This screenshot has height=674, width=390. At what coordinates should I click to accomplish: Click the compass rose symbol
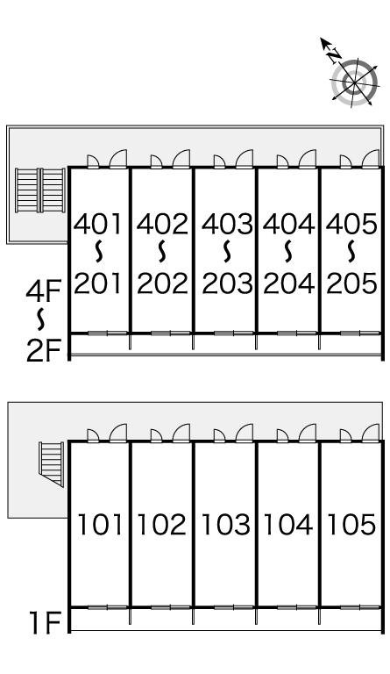click(354, 82)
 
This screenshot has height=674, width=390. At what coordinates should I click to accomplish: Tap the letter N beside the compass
click(334, 55)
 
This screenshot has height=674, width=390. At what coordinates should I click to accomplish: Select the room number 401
click(98, 224)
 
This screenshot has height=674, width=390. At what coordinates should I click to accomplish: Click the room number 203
click(227, 283)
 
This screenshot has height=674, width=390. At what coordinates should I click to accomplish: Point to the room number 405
click(351, 224)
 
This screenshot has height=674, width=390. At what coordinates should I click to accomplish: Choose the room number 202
click(163, 283)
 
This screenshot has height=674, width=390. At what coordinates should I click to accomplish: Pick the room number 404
click(288, 224)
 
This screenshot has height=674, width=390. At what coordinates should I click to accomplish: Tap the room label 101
click(100, 525)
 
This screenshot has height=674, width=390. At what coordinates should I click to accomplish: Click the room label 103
click(226, 525)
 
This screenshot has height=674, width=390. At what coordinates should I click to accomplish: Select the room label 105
click(351, 525)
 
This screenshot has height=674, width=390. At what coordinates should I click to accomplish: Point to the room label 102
click(162, 525)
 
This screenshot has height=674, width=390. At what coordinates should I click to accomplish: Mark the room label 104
click(287, 525)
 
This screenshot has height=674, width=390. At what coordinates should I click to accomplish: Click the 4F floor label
click(44, 291)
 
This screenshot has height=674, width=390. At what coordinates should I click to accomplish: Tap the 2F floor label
click(44, 351)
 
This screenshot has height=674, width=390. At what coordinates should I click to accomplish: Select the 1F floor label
click(45, 623)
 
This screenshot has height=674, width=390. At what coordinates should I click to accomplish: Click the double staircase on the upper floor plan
click(40, 190)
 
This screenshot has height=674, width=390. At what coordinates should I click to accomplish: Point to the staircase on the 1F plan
click(51, 464)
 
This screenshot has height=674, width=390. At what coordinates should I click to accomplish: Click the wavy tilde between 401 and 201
click(99, 252)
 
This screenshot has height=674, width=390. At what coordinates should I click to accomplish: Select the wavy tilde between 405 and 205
click(351, 252)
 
